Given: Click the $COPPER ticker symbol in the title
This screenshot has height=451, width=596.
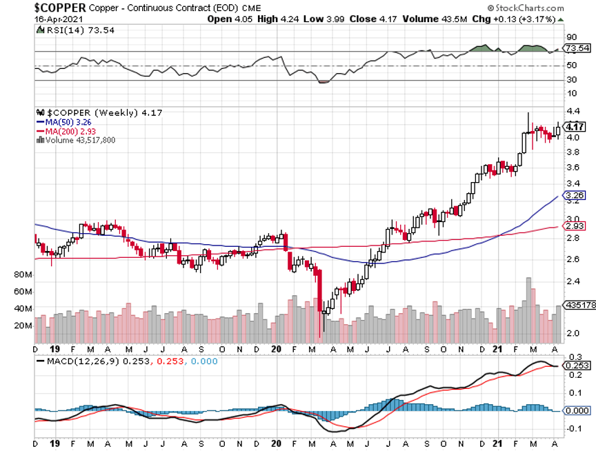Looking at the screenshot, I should [x=60, y=7].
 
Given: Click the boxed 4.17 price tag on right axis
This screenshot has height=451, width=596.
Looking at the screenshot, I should [x=575, y=127].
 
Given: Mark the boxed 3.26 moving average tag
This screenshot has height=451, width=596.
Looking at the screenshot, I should [x=575, y=196].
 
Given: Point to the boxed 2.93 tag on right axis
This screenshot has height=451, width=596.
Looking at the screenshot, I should [x=575, y=226].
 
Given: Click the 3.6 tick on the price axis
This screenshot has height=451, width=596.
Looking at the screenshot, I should [x=572, y=168].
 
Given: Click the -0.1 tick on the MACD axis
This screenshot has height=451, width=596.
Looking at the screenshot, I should [x=572, y=428].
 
